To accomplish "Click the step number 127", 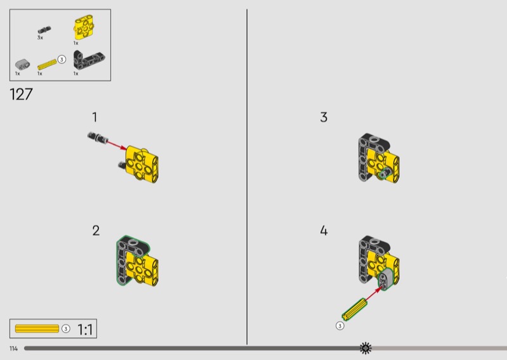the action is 22,94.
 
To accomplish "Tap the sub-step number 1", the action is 94,117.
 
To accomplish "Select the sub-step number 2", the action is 96,231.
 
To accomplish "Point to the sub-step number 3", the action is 324,117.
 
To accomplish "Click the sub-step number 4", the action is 324,231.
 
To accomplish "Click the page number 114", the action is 13,349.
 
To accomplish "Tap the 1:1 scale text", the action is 85,330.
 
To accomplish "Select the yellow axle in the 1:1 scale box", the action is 37,328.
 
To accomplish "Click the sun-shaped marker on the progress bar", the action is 366,348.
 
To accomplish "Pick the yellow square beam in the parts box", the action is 84,27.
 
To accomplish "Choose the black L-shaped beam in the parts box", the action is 88,60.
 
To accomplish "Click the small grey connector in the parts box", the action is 22,64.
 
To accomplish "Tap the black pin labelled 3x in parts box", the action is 44,30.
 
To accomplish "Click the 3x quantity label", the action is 40,38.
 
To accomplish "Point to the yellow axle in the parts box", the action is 47,65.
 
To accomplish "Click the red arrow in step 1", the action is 117,145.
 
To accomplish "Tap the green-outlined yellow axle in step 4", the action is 354,309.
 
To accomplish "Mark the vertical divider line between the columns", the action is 247,177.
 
